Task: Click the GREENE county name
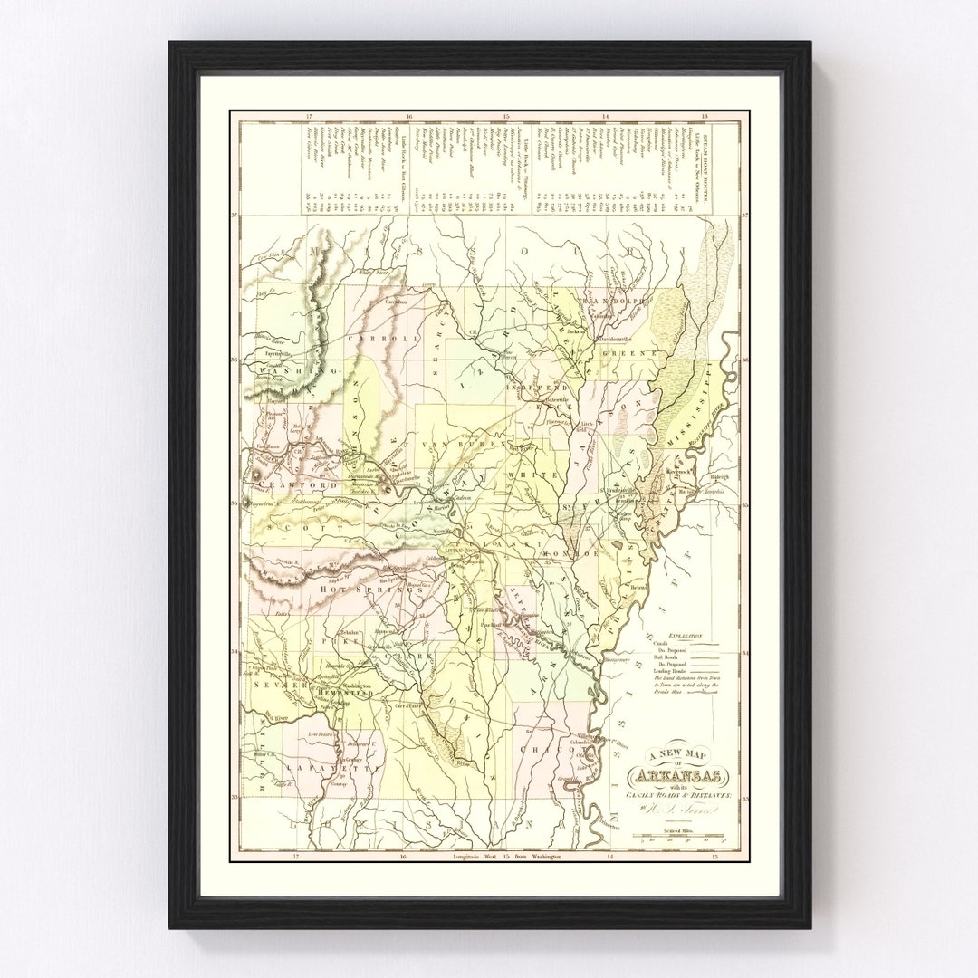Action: (x=622, y=351)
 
